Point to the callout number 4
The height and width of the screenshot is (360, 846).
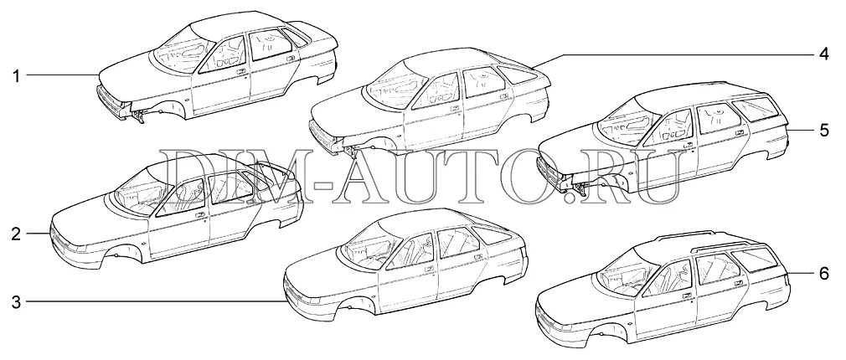tap(823, 55)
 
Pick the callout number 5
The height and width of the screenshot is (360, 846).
tap(823, 131)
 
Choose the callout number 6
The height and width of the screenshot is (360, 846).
tap(823, 274)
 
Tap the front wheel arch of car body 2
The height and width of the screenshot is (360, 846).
tap(118, 251)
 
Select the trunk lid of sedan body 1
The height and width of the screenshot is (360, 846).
tap(322, 42)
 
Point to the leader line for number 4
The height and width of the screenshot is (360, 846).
tap(670, 55)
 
